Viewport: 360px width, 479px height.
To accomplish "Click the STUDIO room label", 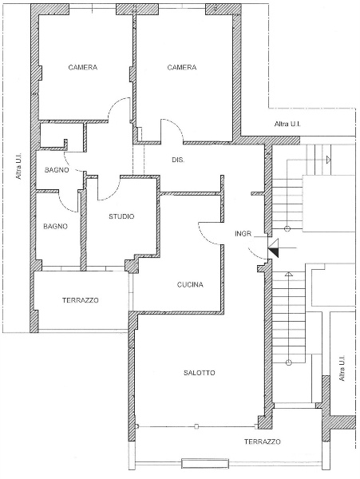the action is click(x=121, y=216).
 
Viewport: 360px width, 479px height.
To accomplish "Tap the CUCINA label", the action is click(x=190, y=285).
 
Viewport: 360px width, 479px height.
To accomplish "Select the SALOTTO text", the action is click(x=200, y=373).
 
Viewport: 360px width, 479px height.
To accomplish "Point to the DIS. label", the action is click(x=178, y=160).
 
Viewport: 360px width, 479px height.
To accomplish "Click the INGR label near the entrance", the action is click(x=243, y=234).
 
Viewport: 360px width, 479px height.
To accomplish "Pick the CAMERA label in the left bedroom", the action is click(x=83, y=67).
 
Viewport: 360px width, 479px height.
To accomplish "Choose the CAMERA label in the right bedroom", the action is click(x=182, y=67).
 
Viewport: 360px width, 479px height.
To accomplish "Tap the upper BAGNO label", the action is click(x=57, y=170).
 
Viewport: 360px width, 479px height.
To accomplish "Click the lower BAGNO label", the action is click(x=55, y=227).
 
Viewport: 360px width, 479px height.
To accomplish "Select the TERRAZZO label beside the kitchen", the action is click(x=81, y=300).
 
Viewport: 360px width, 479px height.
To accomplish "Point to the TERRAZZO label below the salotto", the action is click(x=263, y=441).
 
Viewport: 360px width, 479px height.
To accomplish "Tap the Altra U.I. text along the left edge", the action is click(x=19, y=166).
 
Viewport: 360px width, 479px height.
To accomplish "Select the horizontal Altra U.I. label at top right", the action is click(x=287, y=124).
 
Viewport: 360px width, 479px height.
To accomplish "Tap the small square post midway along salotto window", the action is click(x=196, y=426).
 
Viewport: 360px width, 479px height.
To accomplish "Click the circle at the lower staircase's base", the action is click(x=288, y=362).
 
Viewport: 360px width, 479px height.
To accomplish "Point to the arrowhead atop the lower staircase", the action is click(x=288, y=274).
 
